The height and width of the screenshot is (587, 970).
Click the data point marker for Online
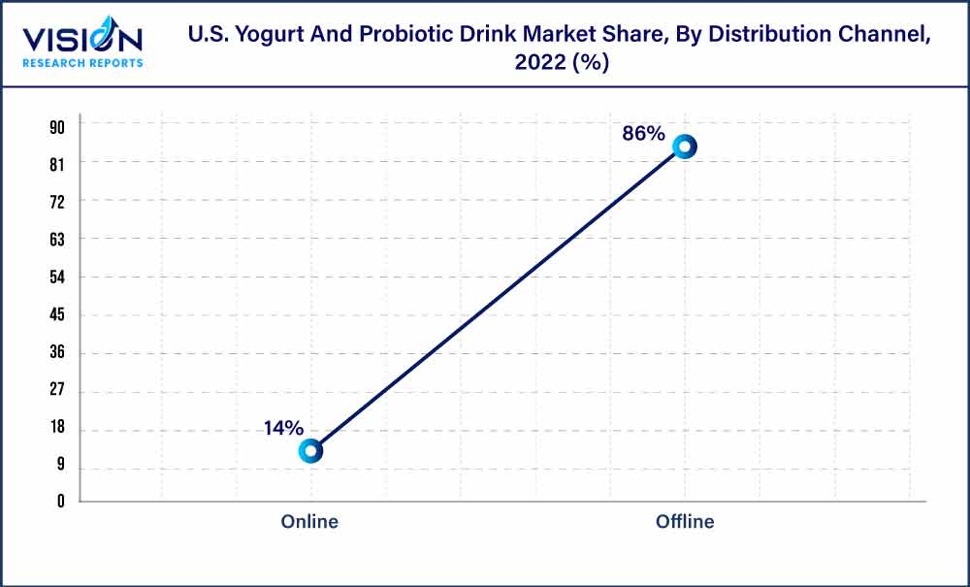coord(310,450)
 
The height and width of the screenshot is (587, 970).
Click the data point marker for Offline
coord(685,147)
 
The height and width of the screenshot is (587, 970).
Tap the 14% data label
coord(283,428)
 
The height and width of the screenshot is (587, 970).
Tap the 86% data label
coord(643,134)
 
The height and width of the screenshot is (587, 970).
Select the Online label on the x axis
coord(309,522)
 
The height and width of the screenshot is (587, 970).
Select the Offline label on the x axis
coord(685,522)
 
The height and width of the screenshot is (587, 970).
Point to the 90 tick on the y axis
coord(57,126)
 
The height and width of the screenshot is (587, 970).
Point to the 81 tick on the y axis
coord(57,164)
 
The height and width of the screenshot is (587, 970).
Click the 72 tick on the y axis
coord(57,202)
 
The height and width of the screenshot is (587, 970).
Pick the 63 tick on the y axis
coord(57,239)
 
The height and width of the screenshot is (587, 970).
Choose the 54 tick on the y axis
coord(57,277)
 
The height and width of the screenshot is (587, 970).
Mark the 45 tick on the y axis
coord(57,315)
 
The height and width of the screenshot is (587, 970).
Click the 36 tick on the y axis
coord(57,353)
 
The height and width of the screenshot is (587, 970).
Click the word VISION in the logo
coord(82,40)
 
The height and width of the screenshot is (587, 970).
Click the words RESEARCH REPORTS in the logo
coord(82,63)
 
